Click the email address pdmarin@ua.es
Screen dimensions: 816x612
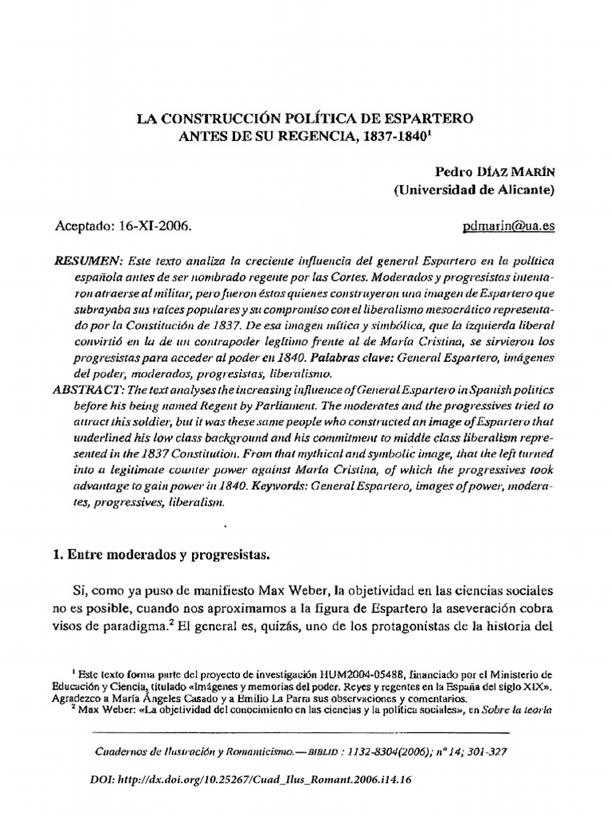pos(508,226)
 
